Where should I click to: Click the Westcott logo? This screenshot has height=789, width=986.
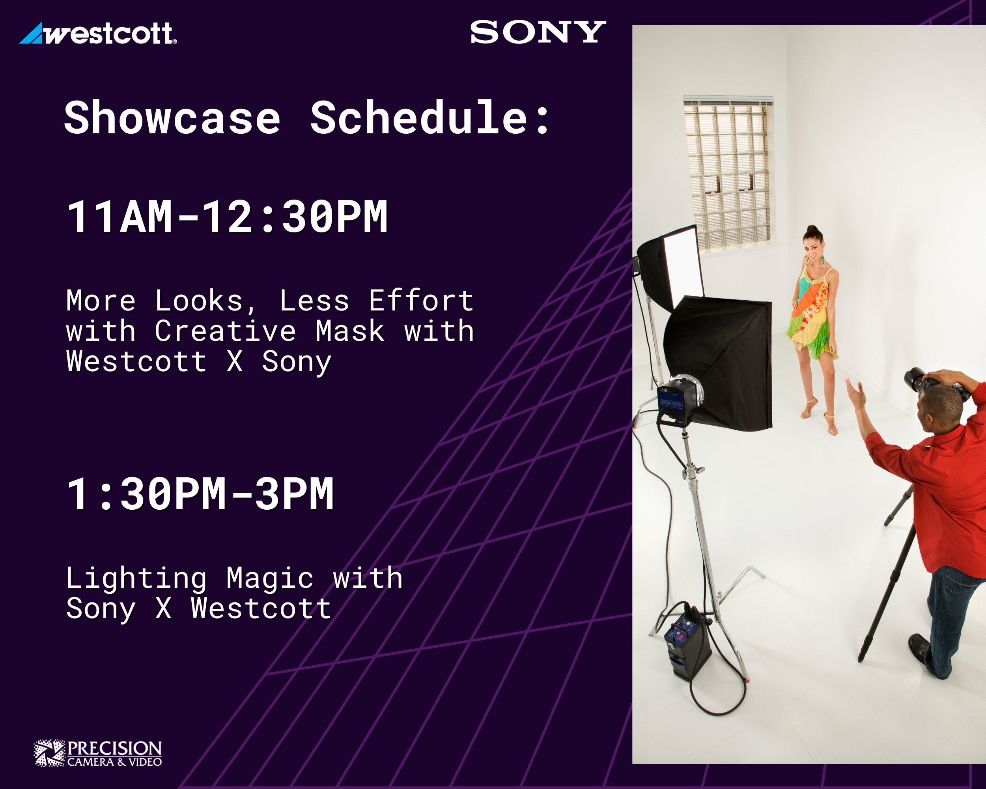98,34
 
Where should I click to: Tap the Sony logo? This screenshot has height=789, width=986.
538,32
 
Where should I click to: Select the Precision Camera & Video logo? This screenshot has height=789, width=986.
98,753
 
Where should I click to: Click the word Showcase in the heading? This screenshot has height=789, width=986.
172,118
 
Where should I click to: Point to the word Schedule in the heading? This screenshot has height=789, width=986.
419,118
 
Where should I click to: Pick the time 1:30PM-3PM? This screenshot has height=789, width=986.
200,494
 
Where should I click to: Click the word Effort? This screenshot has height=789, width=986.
421,301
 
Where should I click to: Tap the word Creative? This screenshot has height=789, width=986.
225,331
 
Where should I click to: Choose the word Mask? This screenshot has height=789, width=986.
350,331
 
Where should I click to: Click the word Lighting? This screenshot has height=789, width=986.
136,579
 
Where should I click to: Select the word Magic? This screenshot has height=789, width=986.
270,579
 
